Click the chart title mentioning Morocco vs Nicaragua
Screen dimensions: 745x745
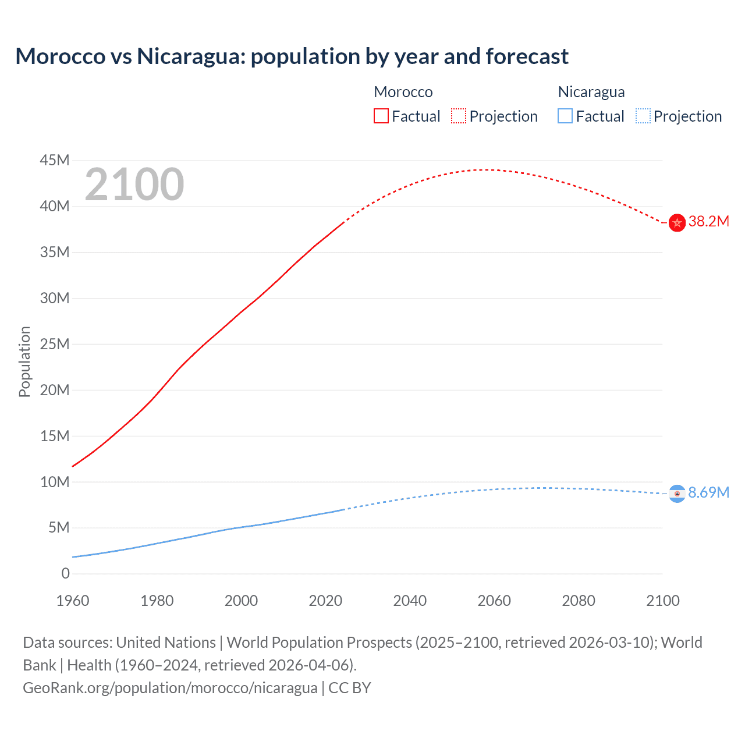click(292, 56)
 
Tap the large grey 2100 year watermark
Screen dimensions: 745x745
click(134, 185)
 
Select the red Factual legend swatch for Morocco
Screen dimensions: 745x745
click(381, 116)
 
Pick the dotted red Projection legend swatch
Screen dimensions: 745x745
click(459, 116)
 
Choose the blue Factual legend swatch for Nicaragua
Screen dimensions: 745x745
click(565, 116)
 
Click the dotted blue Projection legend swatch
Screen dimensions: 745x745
click(643, 116)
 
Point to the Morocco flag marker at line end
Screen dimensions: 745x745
click(677, 222)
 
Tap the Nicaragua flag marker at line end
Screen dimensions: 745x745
click(677, 494)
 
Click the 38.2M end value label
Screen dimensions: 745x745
click(708, 222)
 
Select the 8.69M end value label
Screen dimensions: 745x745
click(708, 492)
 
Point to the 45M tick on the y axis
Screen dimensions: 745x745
click(55, 160)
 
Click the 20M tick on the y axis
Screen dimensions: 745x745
click(55, 390)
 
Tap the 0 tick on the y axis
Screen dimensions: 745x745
click(65, 574)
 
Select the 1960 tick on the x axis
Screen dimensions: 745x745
click(73, 601)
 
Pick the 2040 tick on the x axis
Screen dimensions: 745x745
click(410, 601)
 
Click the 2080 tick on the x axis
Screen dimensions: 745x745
click(579, 601)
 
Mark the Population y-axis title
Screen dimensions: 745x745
click(24, 361)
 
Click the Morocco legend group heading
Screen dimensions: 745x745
click(403, 92)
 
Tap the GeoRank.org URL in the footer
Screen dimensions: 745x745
click(170, 688)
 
